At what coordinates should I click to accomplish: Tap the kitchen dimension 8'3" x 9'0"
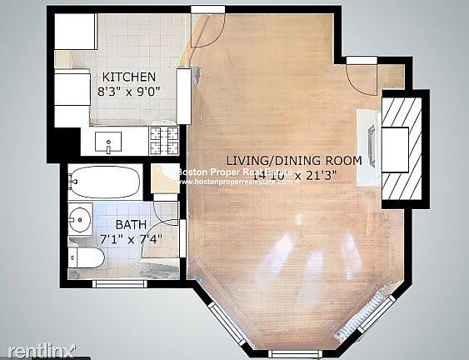coord(128,91)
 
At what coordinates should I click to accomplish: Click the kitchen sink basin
coord(109,143)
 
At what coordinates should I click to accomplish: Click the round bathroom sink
coord(79,220)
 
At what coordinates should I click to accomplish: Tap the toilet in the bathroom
coord(85,257)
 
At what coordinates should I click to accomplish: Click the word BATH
coord(130,225)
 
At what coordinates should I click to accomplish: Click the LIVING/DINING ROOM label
coord(294,160)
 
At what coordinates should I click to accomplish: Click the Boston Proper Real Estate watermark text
coord(233,172)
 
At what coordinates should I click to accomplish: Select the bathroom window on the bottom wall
coord(118,283)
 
